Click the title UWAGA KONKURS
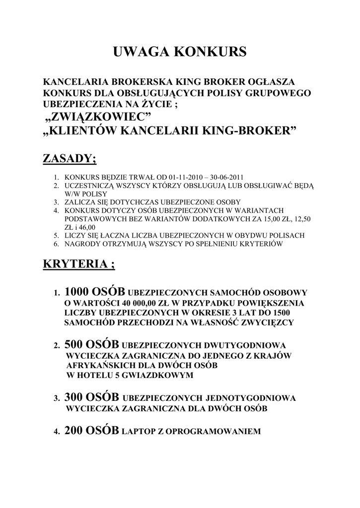tap(180, 52)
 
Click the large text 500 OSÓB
tap(91, 344)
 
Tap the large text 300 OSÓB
tap(91, 397)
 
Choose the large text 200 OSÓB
tap(91, 431)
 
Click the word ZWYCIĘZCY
tap(267, 322)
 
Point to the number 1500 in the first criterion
tap(280, 313)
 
